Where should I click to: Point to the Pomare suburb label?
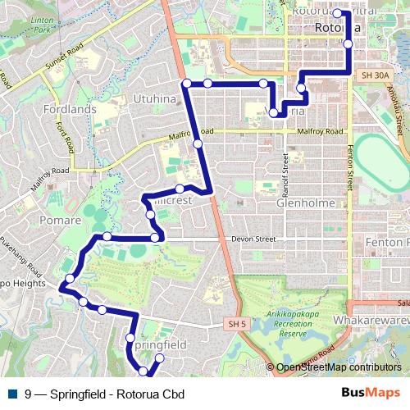click(x=60, y=220)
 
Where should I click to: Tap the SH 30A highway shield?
click(x=374, y=75)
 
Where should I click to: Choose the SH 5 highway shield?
click(x=237, y=325)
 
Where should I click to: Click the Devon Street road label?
click(x=253, y=239)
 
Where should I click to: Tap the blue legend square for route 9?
click(x=12, y=394)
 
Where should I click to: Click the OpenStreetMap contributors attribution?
click(x=338, y=367)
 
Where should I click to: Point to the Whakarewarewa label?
click(x=374, y=319)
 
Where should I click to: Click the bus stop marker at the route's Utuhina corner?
click(x=187, y=84)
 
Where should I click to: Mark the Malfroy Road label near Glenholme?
click(x=321, y=131)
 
